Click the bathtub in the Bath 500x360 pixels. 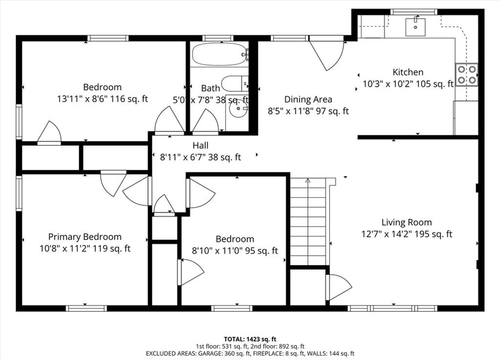219,54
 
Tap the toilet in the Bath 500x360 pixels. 235,84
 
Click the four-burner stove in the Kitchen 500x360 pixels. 466,75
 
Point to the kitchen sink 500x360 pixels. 415,27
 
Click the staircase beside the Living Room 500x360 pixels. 308,221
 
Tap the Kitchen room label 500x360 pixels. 408,72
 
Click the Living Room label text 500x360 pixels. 407,222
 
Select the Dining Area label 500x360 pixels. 308,100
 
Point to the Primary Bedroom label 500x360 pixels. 85,237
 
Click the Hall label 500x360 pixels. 200,145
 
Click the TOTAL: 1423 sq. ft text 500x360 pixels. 250,339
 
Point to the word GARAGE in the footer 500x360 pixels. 208,353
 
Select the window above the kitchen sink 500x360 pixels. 414,12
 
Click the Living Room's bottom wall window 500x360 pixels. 392,308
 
